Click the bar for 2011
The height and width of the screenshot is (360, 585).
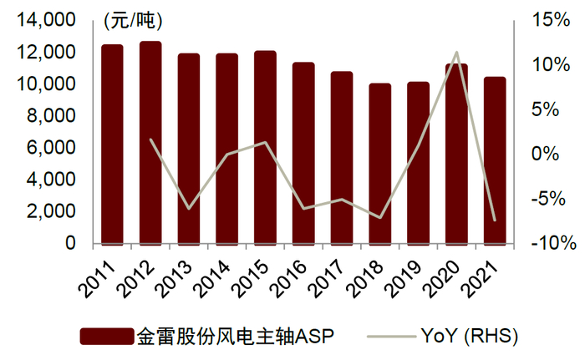pos(112,144)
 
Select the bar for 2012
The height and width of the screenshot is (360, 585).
pos(150,142)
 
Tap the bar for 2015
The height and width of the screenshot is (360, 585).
pos(265,147)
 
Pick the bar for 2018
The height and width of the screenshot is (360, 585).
pos(379,164)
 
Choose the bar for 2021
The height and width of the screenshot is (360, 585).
pos(494,160)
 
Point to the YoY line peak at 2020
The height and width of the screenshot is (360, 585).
pos(456,53)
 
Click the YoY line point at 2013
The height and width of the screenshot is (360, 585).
pos(189,208)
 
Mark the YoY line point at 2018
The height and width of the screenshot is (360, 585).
pos(379,217)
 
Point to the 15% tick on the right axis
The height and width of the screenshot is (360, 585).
pos(552,21)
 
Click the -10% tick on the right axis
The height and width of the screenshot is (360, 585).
pos(551,244)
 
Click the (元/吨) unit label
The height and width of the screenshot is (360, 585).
pos(134,18)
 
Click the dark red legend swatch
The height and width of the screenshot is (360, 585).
pos(106,337)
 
